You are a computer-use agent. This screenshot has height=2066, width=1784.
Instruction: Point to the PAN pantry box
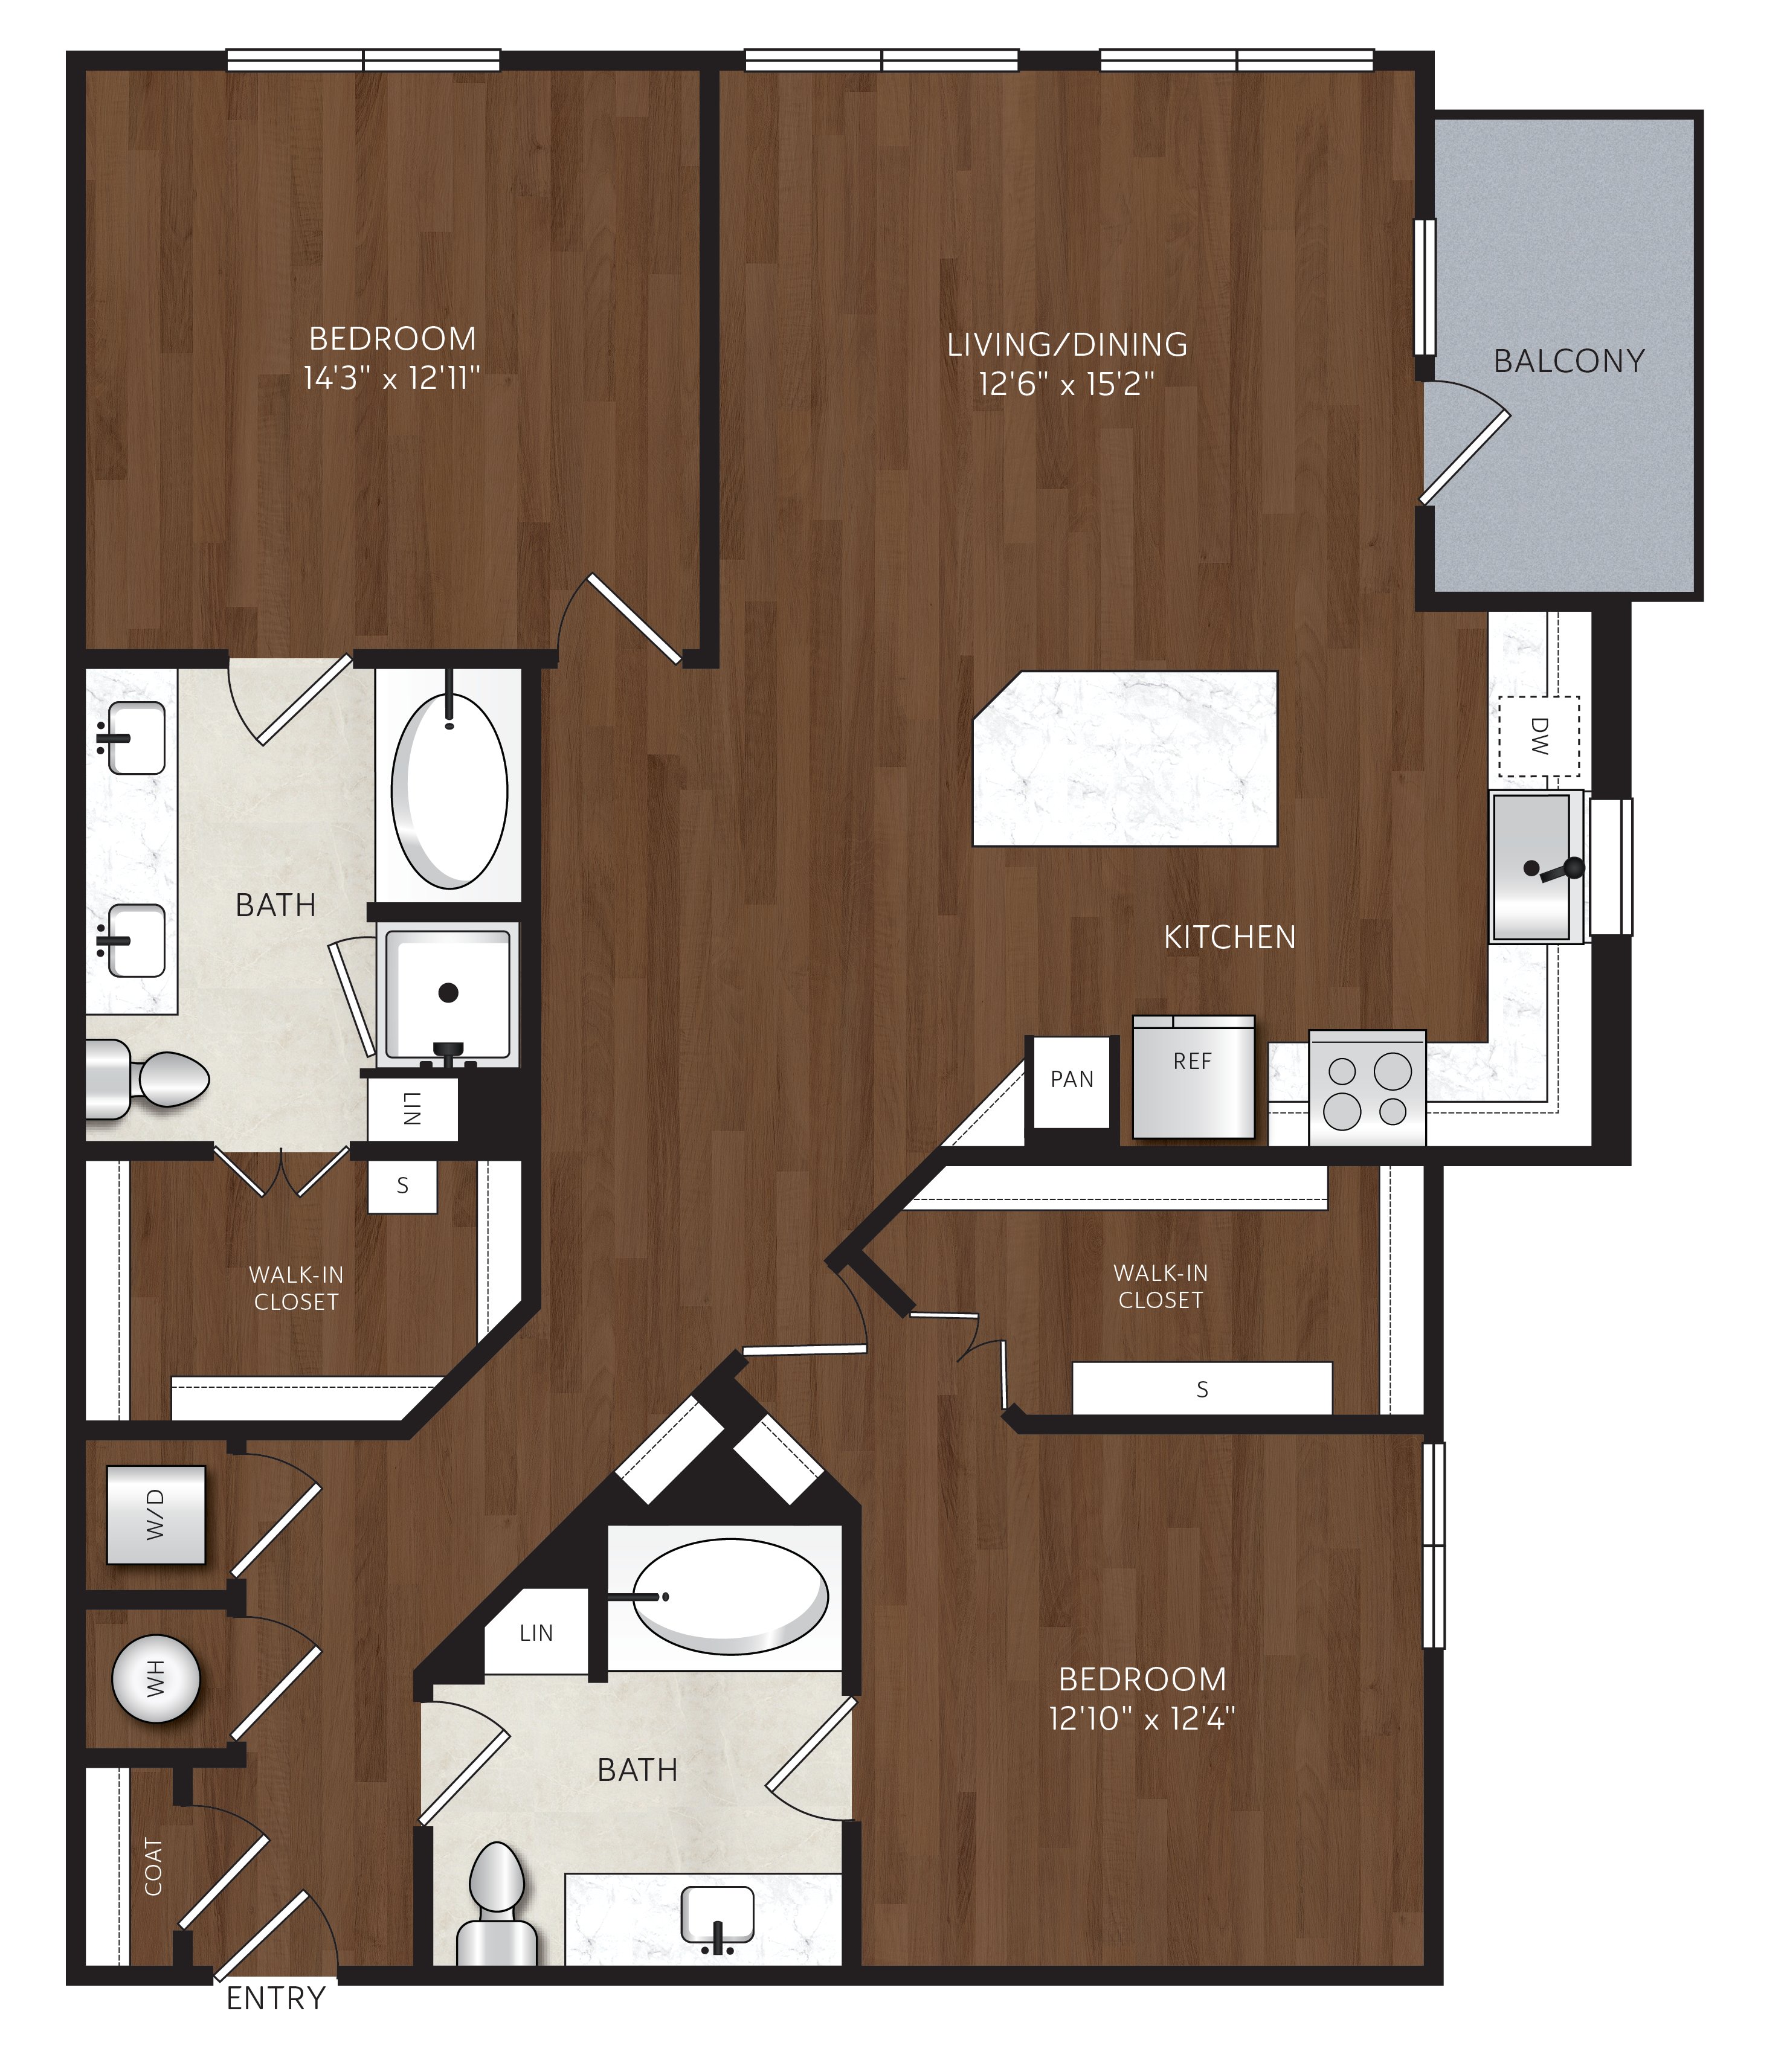[1072, 1082]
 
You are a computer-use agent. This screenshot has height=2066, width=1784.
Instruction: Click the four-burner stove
[1367, 1088]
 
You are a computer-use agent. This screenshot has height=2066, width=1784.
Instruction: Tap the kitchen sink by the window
[1537, 867]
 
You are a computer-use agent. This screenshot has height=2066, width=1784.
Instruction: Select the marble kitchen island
[1125, 759]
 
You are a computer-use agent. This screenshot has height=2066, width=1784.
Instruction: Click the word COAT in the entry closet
[153, 1867]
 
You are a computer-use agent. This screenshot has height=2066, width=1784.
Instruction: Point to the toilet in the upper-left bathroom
[147, 1078]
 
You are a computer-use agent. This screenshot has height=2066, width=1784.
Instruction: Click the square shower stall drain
[449, 992]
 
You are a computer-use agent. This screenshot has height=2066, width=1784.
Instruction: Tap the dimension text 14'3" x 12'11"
[392, 378]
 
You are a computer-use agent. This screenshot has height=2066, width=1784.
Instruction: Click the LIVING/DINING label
[1067, 344]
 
